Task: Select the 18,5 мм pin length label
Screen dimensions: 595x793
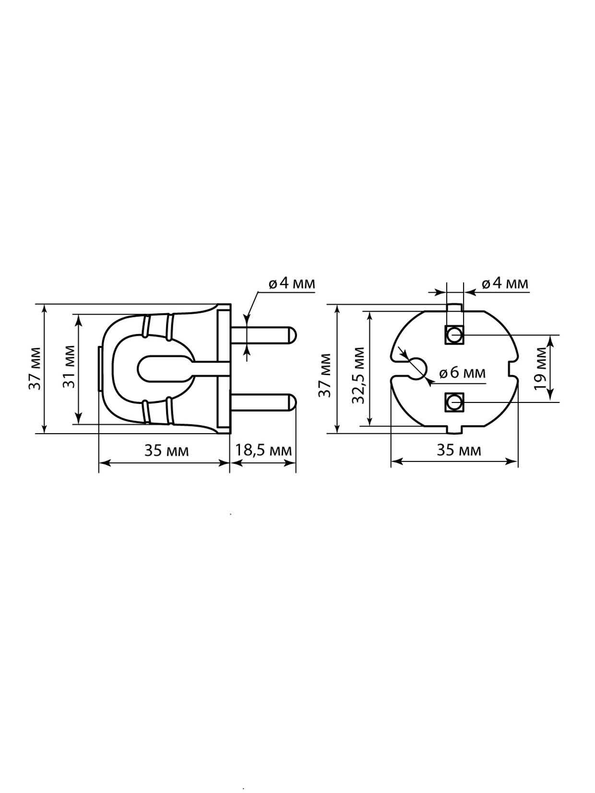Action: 263,450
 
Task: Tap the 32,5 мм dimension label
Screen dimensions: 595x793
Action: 358,375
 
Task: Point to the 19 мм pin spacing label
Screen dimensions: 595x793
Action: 541,368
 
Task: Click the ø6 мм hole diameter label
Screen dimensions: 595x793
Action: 463,372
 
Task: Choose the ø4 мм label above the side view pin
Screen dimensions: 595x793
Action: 292,284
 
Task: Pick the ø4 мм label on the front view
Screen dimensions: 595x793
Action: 505,284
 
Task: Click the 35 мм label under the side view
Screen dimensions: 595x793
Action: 167,450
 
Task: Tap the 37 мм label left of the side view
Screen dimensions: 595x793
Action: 35,368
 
